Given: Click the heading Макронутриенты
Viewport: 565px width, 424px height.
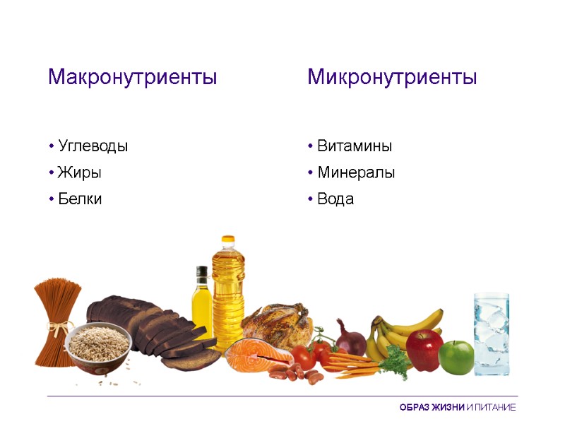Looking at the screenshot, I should (132, 77).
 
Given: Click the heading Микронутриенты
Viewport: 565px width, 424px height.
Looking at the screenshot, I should (392, 77).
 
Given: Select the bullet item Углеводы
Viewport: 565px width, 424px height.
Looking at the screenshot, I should (93, 146).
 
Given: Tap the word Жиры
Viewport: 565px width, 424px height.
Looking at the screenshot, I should (80, 172).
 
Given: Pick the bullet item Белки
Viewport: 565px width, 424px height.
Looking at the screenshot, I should (80, 199).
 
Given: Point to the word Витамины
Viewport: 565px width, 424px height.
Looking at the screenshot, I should (354, 146).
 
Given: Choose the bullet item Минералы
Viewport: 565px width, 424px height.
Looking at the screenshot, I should (355, 172).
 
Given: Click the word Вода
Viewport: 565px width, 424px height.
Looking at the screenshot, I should (335, 199).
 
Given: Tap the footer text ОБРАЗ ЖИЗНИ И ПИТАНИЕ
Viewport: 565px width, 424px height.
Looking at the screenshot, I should (457, 408).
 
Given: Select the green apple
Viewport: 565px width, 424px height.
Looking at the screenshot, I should (456, 357).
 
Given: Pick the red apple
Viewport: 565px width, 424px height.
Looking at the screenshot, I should (424, 351).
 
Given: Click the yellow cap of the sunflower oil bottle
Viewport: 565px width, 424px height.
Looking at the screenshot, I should (227, 241).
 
